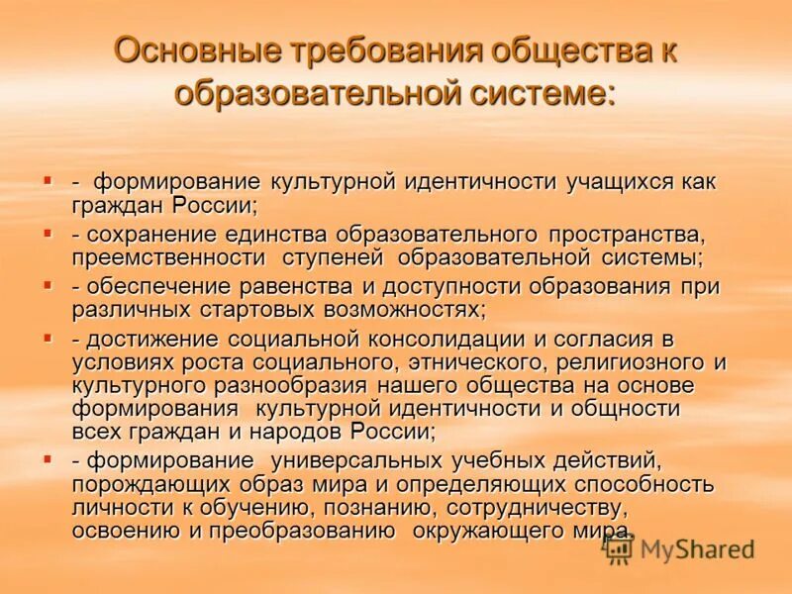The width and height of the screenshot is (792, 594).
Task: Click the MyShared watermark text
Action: pos(698,549)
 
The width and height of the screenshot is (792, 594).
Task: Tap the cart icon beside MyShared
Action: pos(620,548)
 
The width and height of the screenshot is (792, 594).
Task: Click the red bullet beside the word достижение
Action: pos(47,337)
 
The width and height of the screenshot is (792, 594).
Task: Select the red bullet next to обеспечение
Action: pos(47,285)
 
